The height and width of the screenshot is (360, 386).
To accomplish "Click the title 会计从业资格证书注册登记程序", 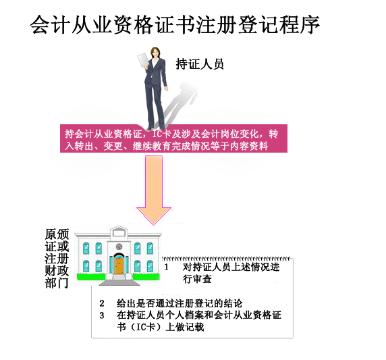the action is coord(175,24).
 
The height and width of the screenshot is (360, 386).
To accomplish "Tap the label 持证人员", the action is coord(200,64).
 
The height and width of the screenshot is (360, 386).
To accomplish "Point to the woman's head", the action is coord(155,53).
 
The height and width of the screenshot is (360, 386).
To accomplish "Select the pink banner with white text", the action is coord(173,138).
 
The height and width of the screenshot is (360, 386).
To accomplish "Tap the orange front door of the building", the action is coord(119,267).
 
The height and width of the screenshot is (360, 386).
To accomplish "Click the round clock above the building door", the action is coord(119,246).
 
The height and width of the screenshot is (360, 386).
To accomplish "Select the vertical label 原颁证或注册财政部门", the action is coord(57,258).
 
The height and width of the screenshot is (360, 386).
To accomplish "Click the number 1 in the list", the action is coord(166,267).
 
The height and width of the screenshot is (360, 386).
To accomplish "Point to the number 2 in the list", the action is coord(102,303).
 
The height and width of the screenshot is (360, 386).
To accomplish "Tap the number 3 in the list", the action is coord(102,315).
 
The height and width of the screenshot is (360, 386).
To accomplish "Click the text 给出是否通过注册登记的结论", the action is coord(180,303).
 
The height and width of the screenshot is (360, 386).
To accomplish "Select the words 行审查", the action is coord(197,279).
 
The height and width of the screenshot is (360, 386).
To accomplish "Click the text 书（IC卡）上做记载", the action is coord(160,327).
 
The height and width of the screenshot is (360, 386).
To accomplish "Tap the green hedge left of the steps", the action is coord(91,277).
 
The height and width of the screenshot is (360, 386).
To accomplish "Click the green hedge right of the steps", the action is coord(145,277).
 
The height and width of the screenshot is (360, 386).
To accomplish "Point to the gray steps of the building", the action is coord(119,280).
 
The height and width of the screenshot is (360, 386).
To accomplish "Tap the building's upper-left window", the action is coord(86,248).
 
